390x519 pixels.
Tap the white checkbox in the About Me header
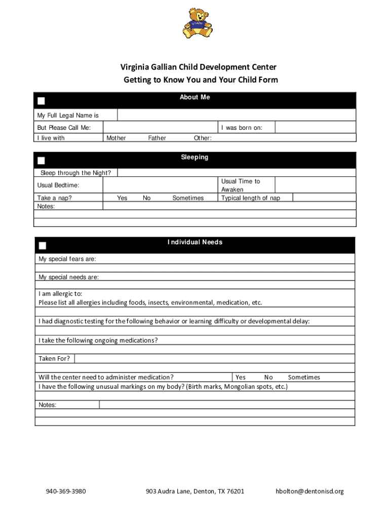click(x=42, y=100)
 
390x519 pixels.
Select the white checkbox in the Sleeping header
click(x=42, y=161)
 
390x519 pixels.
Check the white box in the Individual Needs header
click(x=43, y=246)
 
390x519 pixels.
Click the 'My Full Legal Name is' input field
click(x=237, y=115)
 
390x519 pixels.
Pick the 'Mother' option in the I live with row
click(x=116, y=138)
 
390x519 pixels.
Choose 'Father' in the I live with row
click(x=157, y=138)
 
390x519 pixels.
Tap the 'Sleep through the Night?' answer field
click(x=237, y=173)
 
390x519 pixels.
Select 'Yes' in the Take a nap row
click(x=122, y=198)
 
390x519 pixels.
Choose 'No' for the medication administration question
click(x=268, y=377)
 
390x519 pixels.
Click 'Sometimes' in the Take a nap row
click(x=188, y=198)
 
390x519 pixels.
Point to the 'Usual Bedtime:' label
click(x=58, y=186)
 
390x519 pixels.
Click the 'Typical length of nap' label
click(x=250, y=198)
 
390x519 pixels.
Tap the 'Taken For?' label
click(x=54, y=359)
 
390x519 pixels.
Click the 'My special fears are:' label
click(x=67, y=259)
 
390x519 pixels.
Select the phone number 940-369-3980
click(x=65, y=491)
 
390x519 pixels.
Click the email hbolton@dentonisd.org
click(x=309, y=491)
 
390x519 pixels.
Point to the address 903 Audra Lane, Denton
click(x=194, y=491)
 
